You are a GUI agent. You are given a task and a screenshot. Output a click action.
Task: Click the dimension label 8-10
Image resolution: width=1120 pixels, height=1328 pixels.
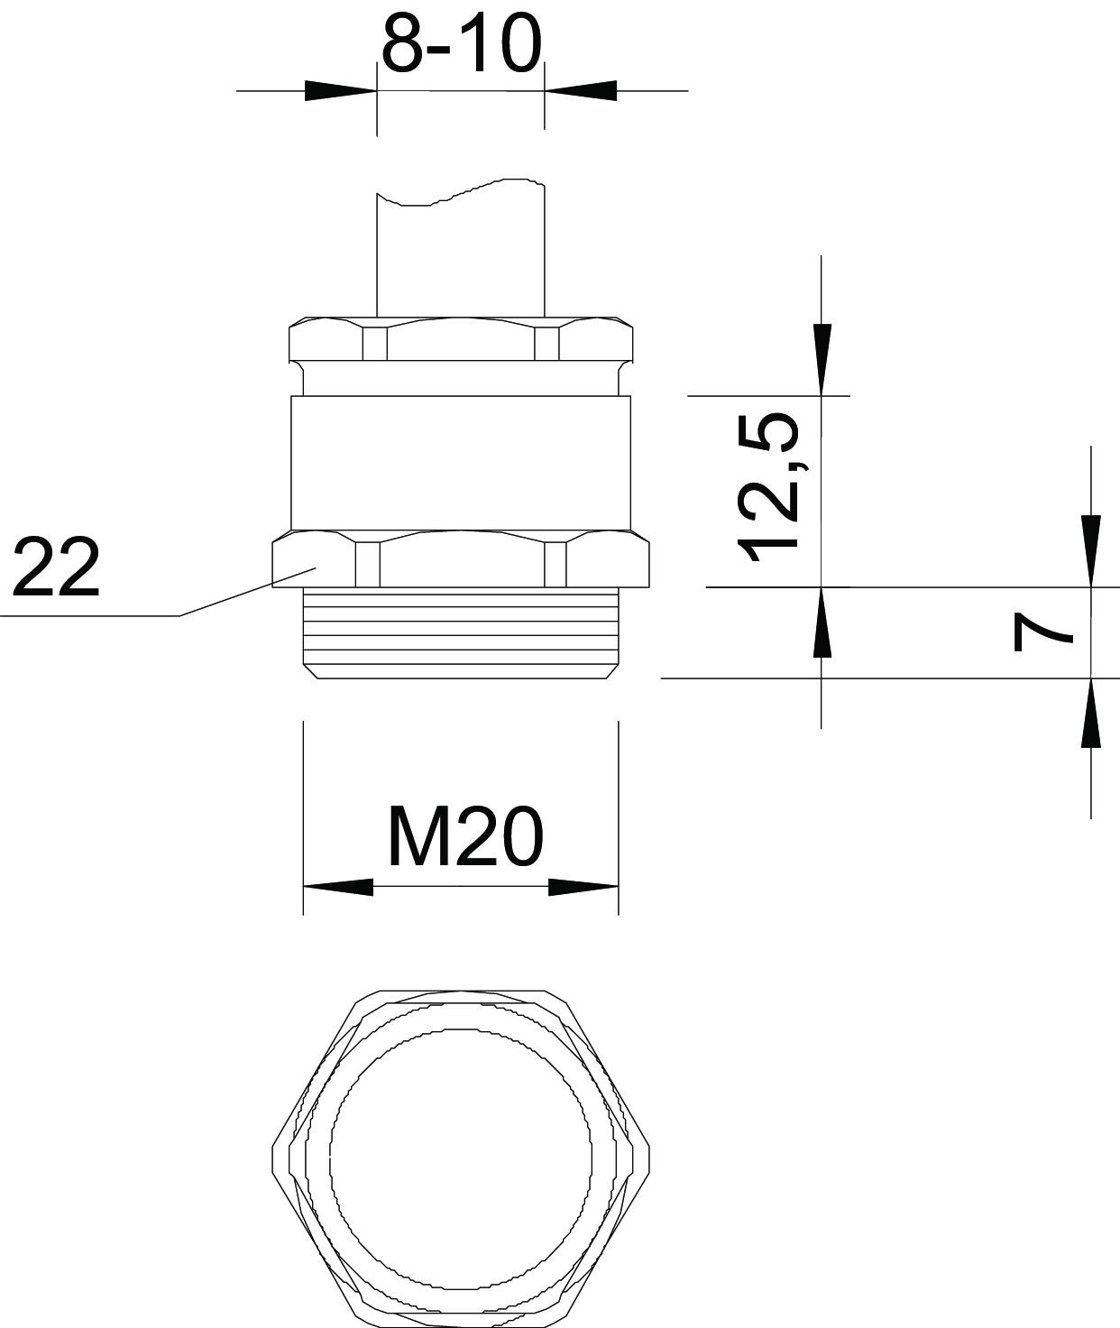click(462, 44)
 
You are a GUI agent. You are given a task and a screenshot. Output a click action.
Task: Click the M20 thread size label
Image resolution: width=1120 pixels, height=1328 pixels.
click(465, 837)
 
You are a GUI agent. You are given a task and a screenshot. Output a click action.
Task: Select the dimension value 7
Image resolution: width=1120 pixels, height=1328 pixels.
click(1042, 632)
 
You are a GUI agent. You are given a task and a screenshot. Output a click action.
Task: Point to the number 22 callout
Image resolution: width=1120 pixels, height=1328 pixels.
click(56, 566)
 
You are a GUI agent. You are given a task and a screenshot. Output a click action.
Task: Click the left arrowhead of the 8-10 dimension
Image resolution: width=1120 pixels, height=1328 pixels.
click(341, 91)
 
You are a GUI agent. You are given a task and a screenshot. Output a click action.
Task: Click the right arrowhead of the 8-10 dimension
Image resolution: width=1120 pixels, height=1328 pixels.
click(581, 91)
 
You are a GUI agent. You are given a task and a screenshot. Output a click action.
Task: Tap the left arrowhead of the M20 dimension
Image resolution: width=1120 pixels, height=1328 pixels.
click(338, 887)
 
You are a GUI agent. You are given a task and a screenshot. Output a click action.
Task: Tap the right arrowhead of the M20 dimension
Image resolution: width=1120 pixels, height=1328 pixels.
click(583, 887)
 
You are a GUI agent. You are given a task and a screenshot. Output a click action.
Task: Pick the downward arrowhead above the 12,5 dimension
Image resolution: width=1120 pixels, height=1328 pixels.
click(822, 360)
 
